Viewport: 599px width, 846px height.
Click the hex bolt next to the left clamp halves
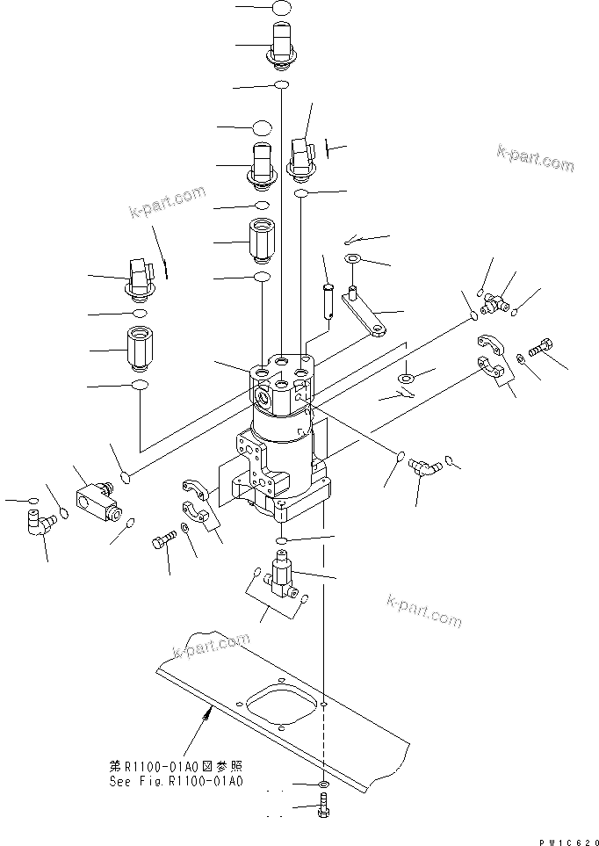(x=163, y=544)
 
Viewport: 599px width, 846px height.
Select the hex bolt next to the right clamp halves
(x=541, y=346)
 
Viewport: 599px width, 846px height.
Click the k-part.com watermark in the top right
(x=535, y=159)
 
